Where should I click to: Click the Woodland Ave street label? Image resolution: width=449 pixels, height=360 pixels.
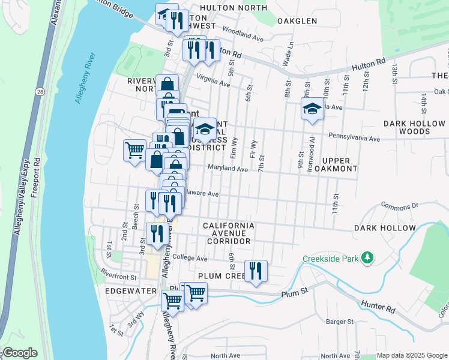pos(243,33)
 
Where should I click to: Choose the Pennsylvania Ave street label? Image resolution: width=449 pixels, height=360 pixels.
pos(354,139)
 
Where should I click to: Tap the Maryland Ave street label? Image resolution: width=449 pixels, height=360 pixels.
pos(228,169)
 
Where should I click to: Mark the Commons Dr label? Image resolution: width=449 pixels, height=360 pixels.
pos(399,205)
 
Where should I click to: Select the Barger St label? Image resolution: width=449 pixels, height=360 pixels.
pos(340,322)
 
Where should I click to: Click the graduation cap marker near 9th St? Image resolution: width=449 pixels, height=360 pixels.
pos(312,110)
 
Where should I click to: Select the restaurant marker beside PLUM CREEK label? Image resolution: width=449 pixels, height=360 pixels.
pos(256,272)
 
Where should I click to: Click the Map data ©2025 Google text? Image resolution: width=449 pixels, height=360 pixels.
pos(412,355)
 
